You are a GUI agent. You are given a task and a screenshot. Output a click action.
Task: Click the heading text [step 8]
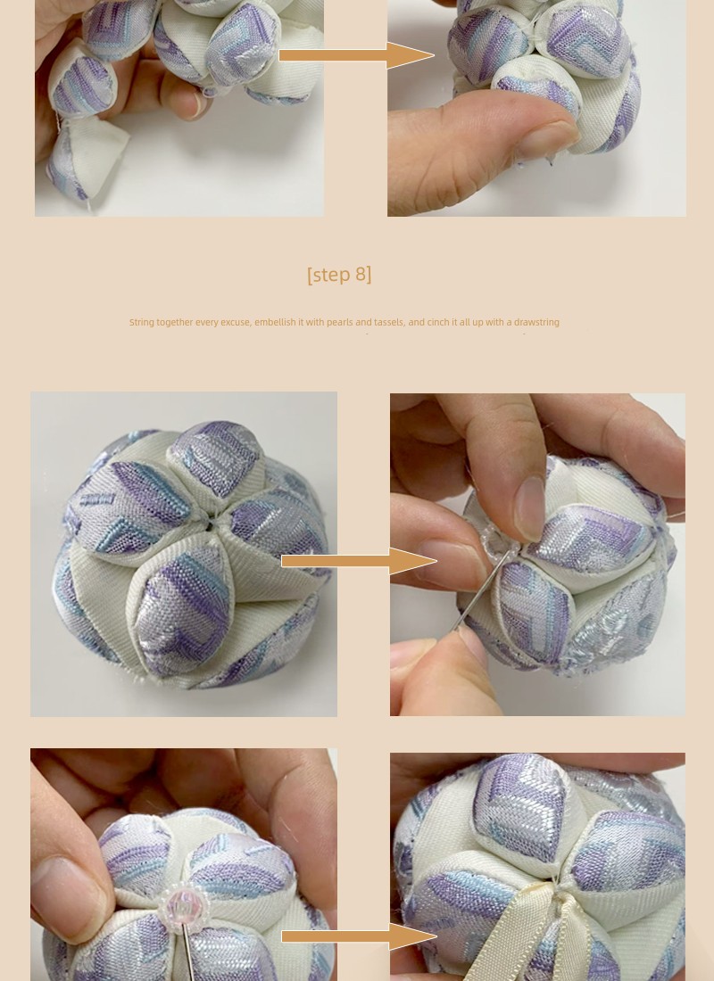pyautogui.click(x=339, y=275)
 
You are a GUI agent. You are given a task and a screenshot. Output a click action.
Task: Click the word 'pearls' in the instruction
pyautogui.click(x=339, y=322)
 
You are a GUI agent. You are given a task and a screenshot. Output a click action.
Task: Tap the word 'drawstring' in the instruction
pyautogui.click(x=536, y=322)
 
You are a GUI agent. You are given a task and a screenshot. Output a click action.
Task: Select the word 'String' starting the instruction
pyautogui.click(x=142, y=322)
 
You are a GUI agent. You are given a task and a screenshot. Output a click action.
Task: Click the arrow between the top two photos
pyautogui.click(x=356, y=55)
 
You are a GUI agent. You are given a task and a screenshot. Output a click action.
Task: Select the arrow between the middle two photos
pyautogui.click(x=359, y=561)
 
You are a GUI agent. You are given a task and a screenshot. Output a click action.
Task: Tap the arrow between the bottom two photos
pyautogui.click(x=359, y=936)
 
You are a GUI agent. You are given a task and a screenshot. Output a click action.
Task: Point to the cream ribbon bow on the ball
pyautogui.click(x=539, y=933)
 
